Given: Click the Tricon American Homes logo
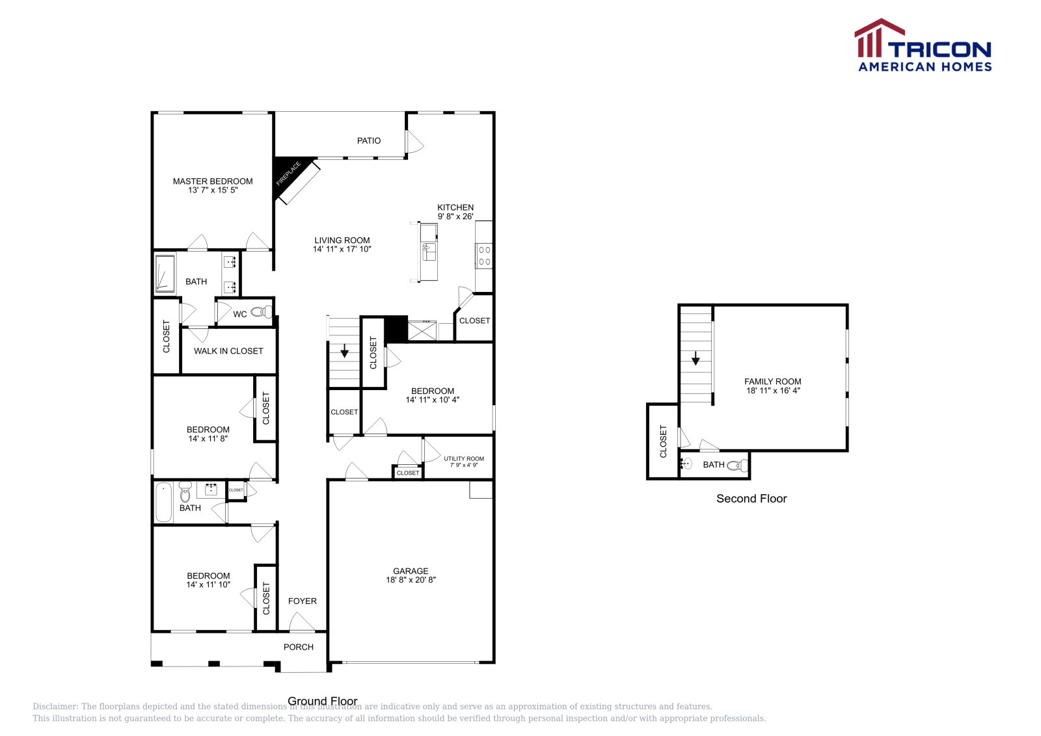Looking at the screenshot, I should click(x=923, y=46).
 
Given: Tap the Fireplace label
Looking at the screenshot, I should click(x=288, y=174).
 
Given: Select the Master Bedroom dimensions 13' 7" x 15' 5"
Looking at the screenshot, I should click(x=213, y=191).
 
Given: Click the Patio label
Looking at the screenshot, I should click(x=369, y=140).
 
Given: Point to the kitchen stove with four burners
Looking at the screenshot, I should click(x=484, y=256).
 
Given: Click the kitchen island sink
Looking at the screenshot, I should click(x=428, y=250).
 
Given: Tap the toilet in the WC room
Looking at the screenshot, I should click(x=261, y=313).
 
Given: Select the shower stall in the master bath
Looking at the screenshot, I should click(x=165, y=274).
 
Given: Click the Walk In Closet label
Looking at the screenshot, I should click(x=228, y=351).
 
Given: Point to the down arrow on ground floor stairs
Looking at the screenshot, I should click(x=344, y=352).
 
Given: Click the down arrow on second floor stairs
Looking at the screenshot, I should click(x=696, y=358).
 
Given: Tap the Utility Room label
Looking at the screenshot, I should click(x=464, y=458).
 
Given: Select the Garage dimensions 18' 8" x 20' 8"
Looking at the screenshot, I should click(x=411, y=580).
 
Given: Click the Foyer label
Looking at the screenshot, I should click(x=303, y=601).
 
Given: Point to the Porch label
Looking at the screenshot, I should click(x=299, y=647).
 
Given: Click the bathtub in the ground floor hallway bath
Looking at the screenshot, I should click(x=164, y=502).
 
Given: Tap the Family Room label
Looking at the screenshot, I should click(x=773, y=382).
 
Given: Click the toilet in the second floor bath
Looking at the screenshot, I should click(x=737, y=465).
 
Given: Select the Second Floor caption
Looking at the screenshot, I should click(x=751, y=499).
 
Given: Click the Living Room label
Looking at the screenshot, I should click(x=342, y=241).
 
